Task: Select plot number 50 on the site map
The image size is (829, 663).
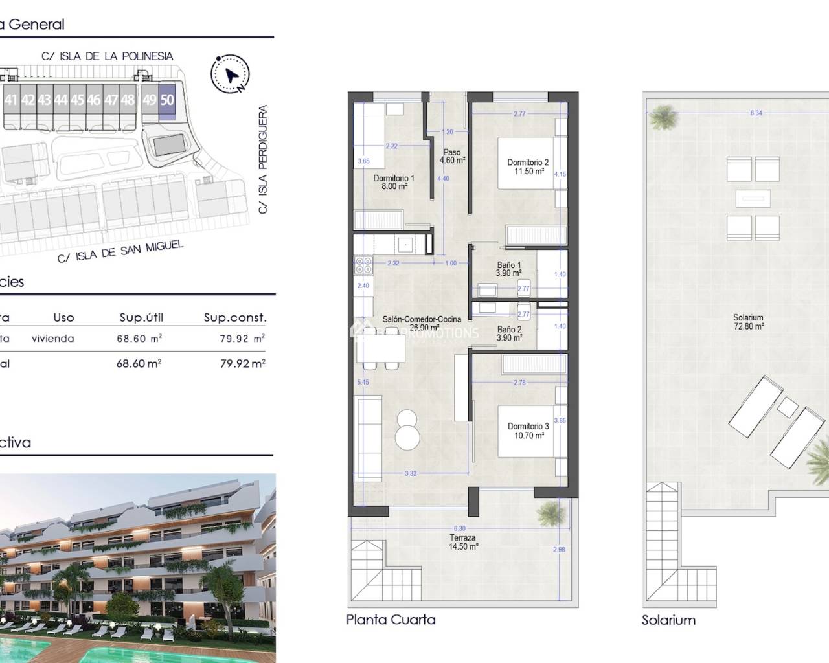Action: click(167, 100)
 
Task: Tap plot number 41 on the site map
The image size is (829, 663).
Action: click(11, 100)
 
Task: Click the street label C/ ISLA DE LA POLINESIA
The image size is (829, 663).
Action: click(108, 56)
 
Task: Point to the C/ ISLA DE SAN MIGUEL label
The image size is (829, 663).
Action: click(120, 251)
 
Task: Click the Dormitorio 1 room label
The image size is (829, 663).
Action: click(394, 182)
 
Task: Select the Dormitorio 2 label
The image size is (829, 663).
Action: click(528, 167)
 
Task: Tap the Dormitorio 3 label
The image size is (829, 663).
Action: click(528, 431)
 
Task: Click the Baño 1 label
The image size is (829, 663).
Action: click(508, 269)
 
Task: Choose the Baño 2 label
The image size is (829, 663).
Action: click(509, 333)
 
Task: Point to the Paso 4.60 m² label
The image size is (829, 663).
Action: click(452, 157)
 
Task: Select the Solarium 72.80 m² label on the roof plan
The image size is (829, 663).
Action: click(748, 322)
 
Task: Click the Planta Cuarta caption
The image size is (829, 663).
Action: click(391, 620)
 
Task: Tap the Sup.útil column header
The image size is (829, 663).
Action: click(141, 317)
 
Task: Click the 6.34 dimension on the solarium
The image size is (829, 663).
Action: click(756, 113)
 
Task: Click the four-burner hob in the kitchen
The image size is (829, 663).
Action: click(363, 265)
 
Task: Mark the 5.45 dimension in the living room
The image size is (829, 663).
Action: click(363, 383)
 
